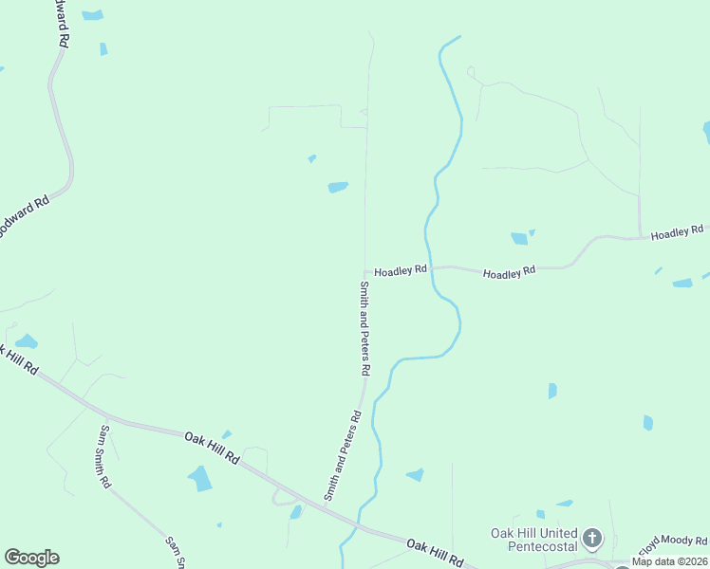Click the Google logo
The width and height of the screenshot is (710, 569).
coord(31,558)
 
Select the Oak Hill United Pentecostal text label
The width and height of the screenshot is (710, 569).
coord(533,540)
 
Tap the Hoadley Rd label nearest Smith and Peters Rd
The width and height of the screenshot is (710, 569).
coord(400,270)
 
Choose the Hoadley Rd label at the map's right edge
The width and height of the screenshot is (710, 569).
coord(677,231)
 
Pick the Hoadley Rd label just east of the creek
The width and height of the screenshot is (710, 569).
coord(509,273)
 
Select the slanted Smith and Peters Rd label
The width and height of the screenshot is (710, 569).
coord(343,455)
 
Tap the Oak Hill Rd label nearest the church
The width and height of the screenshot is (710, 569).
coord(434,550)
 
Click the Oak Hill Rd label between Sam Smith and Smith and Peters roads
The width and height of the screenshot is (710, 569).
coord(212,447)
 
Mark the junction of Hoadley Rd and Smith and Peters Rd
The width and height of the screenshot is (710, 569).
coord(365,270)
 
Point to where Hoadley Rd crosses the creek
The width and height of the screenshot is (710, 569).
coord(430,267)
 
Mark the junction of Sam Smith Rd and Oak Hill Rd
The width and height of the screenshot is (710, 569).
coord(106,416)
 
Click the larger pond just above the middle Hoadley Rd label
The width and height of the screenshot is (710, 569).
coord(518,239)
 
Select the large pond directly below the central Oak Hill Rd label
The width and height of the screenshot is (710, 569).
coord(201,479)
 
